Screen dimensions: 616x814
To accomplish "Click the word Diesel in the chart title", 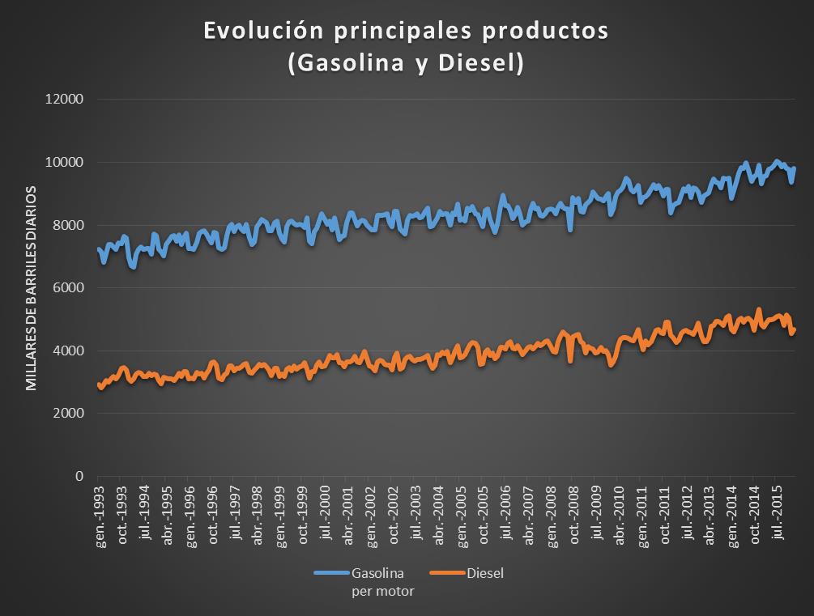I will pyautogui.click(x=480, y=64).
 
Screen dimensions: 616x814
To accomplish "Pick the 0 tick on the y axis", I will pyautogui.click(x=80, y=476).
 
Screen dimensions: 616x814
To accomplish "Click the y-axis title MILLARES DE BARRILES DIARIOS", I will pyautogui.click(x=32, y=288).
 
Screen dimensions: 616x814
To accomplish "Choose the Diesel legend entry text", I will pyautogui.click(x=485, y=573).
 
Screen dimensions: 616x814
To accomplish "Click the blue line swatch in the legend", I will pyautogui.click(x=331, y=574).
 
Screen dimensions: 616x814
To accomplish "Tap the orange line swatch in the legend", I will pyautogui.click(x=448, y=574).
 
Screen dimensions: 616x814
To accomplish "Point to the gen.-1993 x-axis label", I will pyautogui.click(x=100, y=516).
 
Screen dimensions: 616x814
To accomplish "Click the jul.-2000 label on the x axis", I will pyautogui.click(x=325, y=516).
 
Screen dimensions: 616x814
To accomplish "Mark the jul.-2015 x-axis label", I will pyautogui.click(x=776, y=514).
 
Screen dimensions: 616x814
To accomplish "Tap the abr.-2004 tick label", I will pyautogui.click(x=438, y=516).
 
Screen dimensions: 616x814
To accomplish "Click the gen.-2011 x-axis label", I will pyautogui.click(x=641, y=516).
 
